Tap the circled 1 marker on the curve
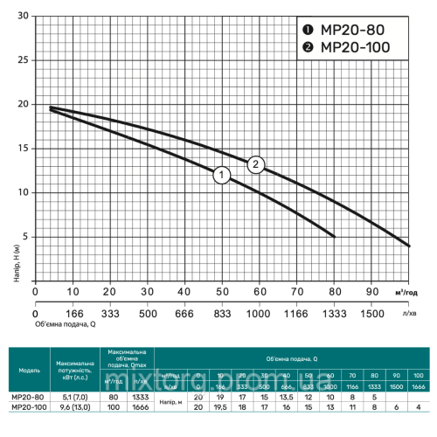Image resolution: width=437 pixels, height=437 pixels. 222,176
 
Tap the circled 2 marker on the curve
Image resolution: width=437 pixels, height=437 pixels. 256,164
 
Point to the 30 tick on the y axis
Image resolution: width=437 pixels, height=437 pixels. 23,17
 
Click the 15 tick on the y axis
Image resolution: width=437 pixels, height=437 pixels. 23,149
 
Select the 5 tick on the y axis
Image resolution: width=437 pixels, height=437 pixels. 25,236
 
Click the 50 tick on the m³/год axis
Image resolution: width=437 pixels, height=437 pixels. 222,291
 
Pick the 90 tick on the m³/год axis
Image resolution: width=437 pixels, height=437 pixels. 371,291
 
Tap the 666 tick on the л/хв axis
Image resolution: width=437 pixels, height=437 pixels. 184,314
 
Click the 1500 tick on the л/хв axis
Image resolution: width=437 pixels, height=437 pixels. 371,314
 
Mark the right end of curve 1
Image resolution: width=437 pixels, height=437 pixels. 334,236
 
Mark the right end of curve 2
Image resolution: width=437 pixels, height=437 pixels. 408,245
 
